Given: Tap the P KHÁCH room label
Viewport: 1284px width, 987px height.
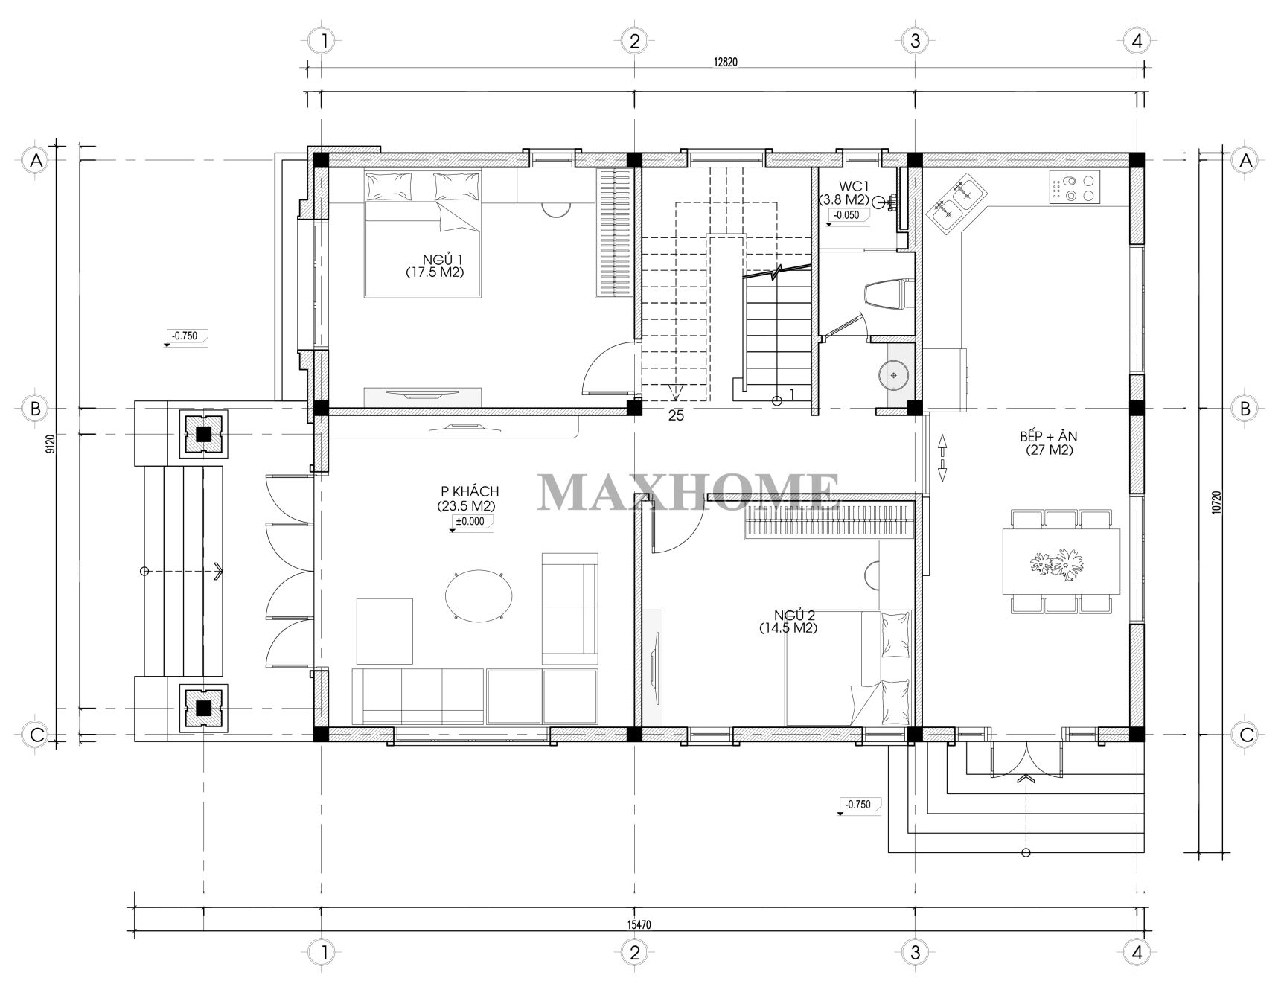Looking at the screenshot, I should (x=468, y=499).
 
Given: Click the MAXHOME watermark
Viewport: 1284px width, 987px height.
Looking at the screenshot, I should (x=689, y=491).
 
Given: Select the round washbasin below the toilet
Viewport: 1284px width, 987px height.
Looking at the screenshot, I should (x=892, y=374).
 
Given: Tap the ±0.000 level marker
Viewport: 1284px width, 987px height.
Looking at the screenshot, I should (x=470, y=522).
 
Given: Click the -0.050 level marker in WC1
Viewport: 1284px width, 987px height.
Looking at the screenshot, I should (x=846, y=216).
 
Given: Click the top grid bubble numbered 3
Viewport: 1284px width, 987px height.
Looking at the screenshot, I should (x=915, y=40).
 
